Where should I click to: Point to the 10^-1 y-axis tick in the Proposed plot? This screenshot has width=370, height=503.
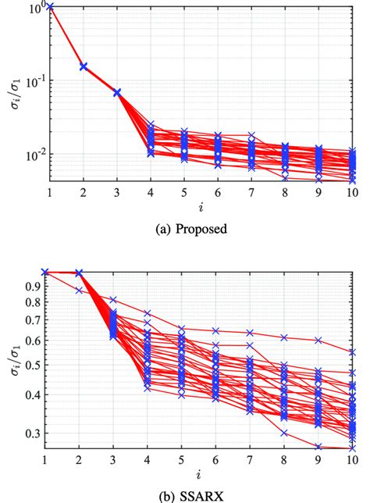tap(34, 81)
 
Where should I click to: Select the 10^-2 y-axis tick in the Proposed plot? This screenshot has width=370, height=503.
tap(34, 155)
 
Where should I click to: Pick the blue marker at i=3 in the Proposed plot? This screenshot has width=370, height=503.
tap(117, 92)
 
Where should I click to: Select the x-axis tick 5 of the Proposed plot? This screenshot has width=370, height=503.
tap(184, 192)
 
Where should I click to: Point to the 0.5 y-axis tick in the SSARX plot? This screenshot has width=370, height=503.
tap(34, 365)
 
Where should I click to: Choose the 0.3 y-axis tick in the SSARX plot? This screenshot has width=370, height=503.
tap(34, 433)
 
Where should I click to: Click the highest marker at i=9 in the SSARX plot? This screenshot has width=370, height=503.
tap(318, 340)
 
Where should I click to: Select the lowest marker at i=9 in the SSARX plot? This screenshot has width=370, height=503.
tap(318, 447)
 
